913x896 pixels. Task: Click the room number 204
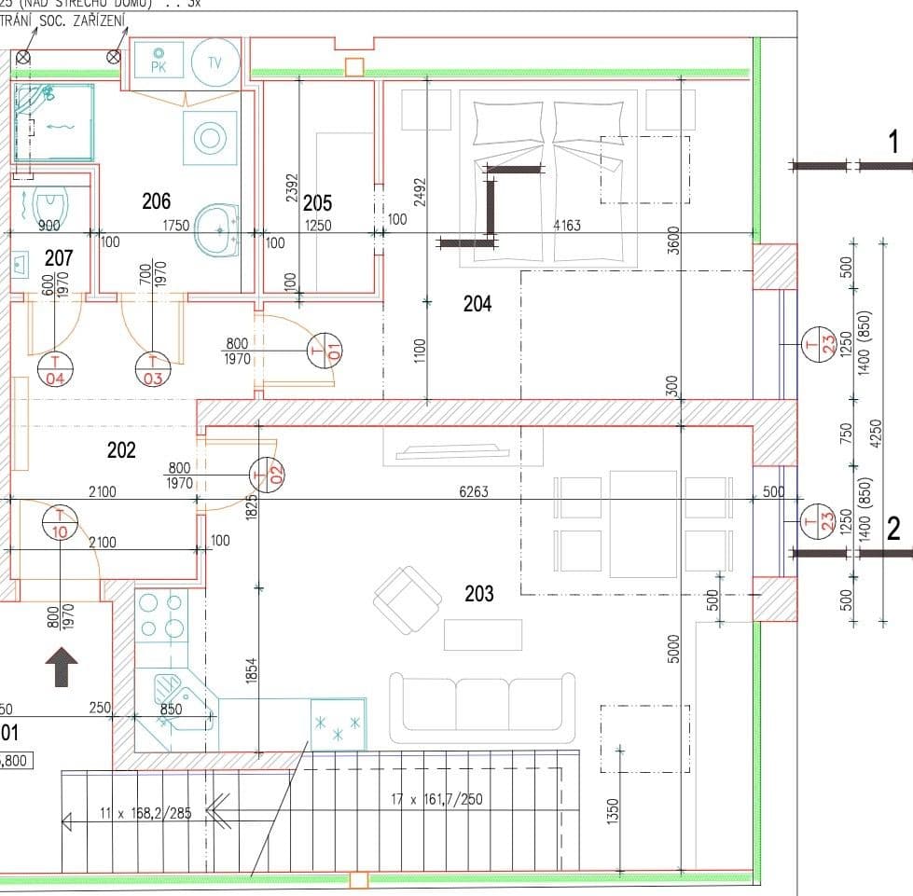click(477, 303)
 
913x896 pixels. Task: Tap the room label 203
click(478, 594)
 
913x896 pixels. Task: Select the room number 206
click(157, 200)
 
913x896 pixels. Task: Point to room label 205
click(317, 202)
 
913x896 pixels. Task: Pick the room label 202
click(121, 450)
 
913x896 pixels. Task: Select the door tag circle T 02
click(266, 476)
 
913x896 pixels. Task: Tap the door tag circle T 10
click(61, 522)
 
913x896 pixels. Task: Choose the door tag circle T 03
click(153, 369)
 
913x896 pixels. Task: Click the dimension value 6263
click(474, 491)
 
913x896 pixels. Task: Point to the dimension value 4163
click(567, 225)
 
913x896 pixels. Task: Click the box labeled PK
click(158, 62)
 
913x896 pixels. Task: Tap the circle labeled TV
click(214, 62)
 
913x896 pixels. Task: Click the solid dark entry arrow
click(62, 667)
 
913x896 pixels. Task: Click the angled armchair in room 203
click(408, 600)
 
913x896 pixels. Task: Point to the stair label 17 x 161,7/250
click(436, 799)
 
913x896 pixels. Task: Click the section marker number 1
click(893, 143)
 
